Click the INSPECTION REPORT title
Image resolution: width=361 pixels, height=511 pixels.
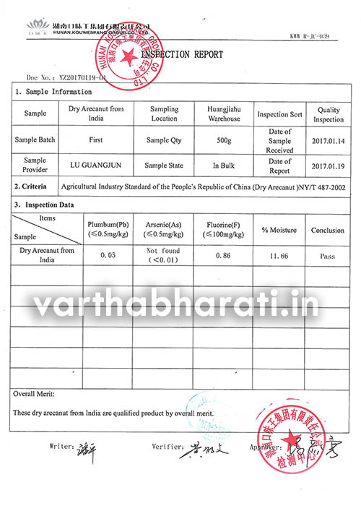tap(181, 55)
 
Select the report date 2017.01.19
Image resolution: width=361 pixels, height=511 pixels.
tap(329, 165)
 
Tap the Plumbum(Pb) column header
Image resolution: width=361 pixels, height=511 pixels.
tap(108, 229)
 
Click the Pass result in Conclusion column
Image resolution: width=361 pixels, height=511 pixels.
tap(327, 255)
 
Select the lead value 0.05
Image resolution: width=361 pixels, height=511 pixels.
tap(108, 255)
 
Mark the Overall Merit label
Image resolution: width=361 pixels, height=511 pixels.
tap(35, 394)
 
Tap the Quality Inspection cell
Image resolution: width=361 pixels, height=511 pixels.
tap(329, 114)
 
